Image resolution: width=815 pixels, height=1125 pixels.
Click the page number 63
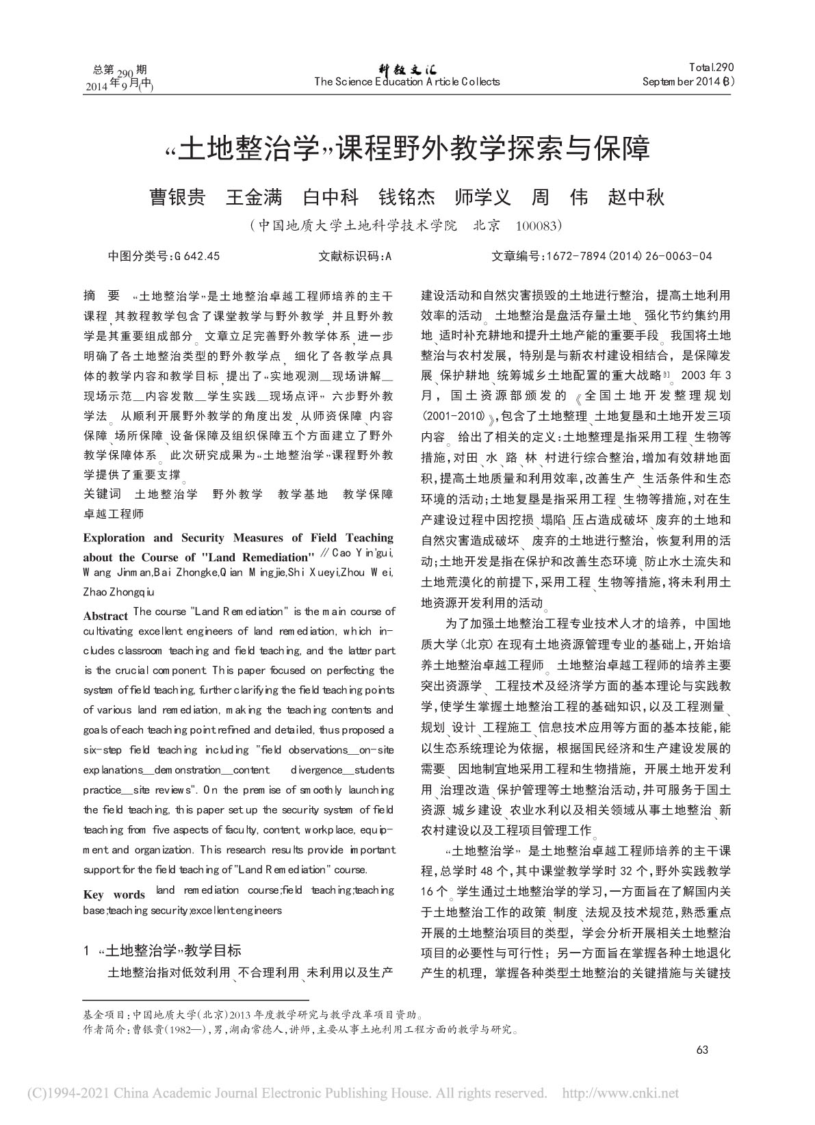pos(702,1051)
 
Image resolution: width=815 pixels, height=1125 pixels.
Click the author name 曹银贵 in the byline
pos(177,198)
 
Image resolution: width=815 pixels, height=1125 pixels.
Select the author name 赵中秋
pos(636,198)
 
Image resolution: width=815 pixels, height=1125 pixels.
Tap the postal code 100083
pos(539,225)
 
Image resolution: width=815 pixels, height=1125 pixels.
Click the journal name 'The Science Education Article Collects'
pos(407,82)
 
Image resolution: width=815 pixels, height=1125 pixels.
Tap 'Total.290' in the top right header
pos(711,68)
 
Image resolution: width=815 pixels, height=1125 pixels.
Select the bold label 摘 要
pos(101,296)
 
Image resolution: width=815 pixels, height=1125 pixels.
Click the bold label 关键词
pos(102,494)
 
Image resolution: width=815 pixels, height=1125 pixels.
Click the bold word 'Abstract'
pos(105,616)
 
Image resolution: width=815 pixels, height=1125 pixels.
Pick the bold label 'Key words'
pos(114,895)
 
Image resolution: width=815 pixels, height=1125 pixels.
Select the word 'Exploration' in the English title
pos(114,538)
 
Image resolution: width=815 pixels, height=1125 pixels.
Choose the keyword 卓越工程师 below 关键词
pos(114,513)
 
